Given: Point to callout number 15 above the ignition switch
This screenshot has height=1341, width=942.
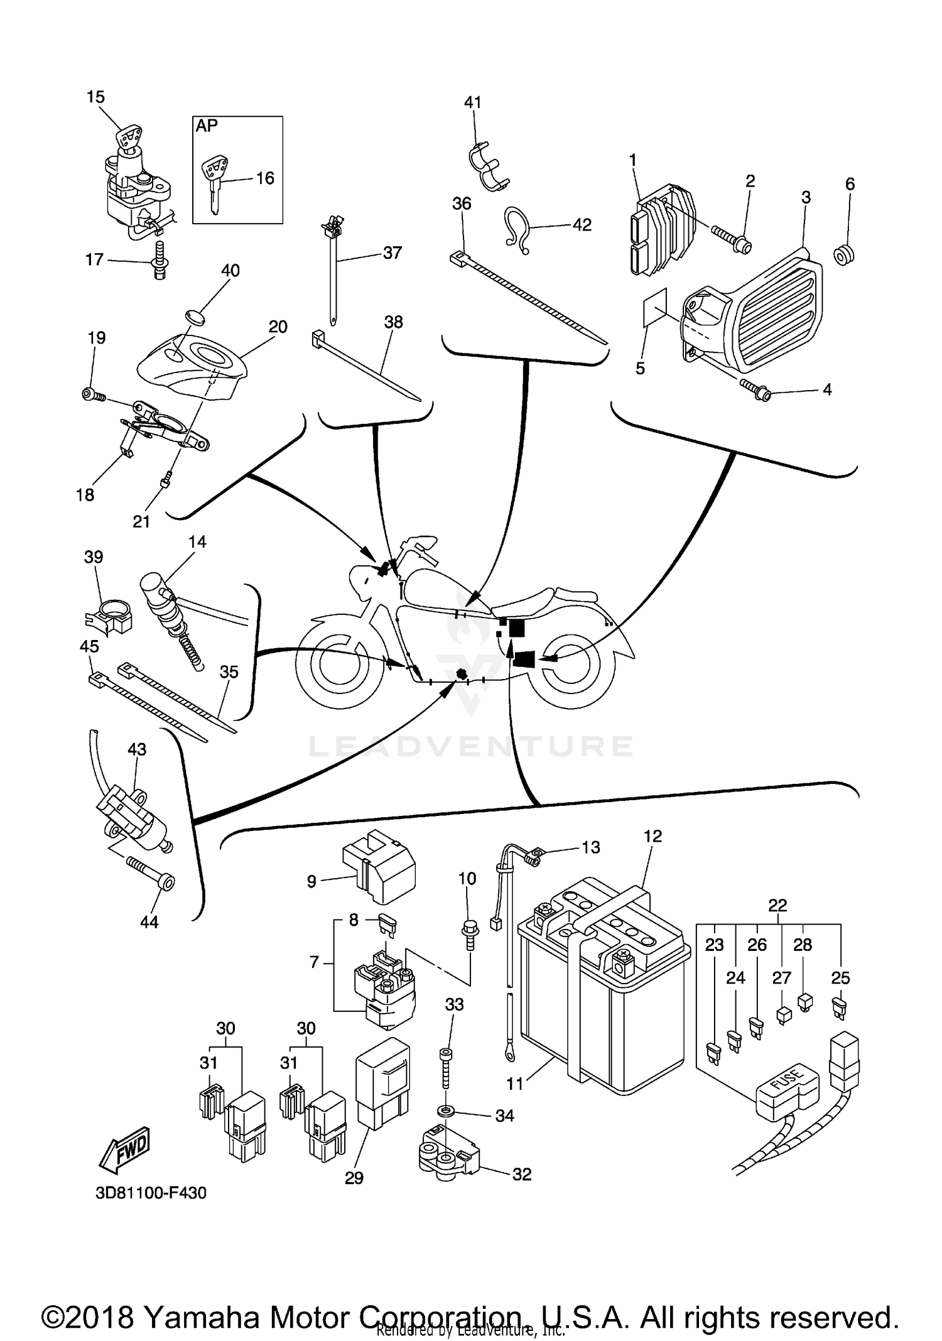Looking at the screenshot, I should tap(95, 97).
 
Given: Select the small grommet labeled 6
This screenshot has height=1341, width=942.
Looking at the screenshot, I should tap(845, 255).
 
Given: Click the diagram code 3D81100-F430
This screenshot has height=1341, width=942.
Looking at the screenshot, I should tap(151, 1193).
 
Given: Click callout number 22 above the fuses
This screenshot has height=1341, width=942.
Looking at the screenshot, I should tap(777, 905).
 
